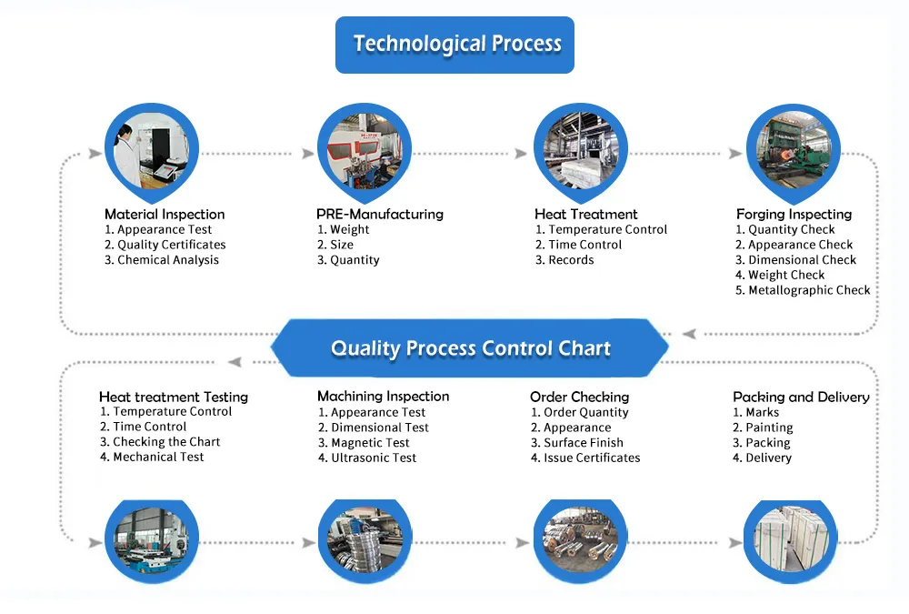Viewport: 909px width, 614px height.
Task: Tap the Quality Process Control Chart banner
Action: [470, 348]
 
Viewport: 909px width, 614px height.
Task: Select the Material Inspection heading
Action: [164, 215]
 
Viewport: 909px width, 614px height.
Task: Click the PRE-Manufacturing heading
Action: [379, 215]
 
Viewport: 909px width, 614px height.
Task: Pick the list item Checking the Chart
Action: [160, 442]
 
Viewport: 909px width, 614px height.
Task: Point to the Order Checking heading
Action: [579, 398]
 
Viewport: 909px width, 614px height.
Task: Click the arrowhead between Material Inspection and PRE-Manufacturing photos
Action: [307, 154]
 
